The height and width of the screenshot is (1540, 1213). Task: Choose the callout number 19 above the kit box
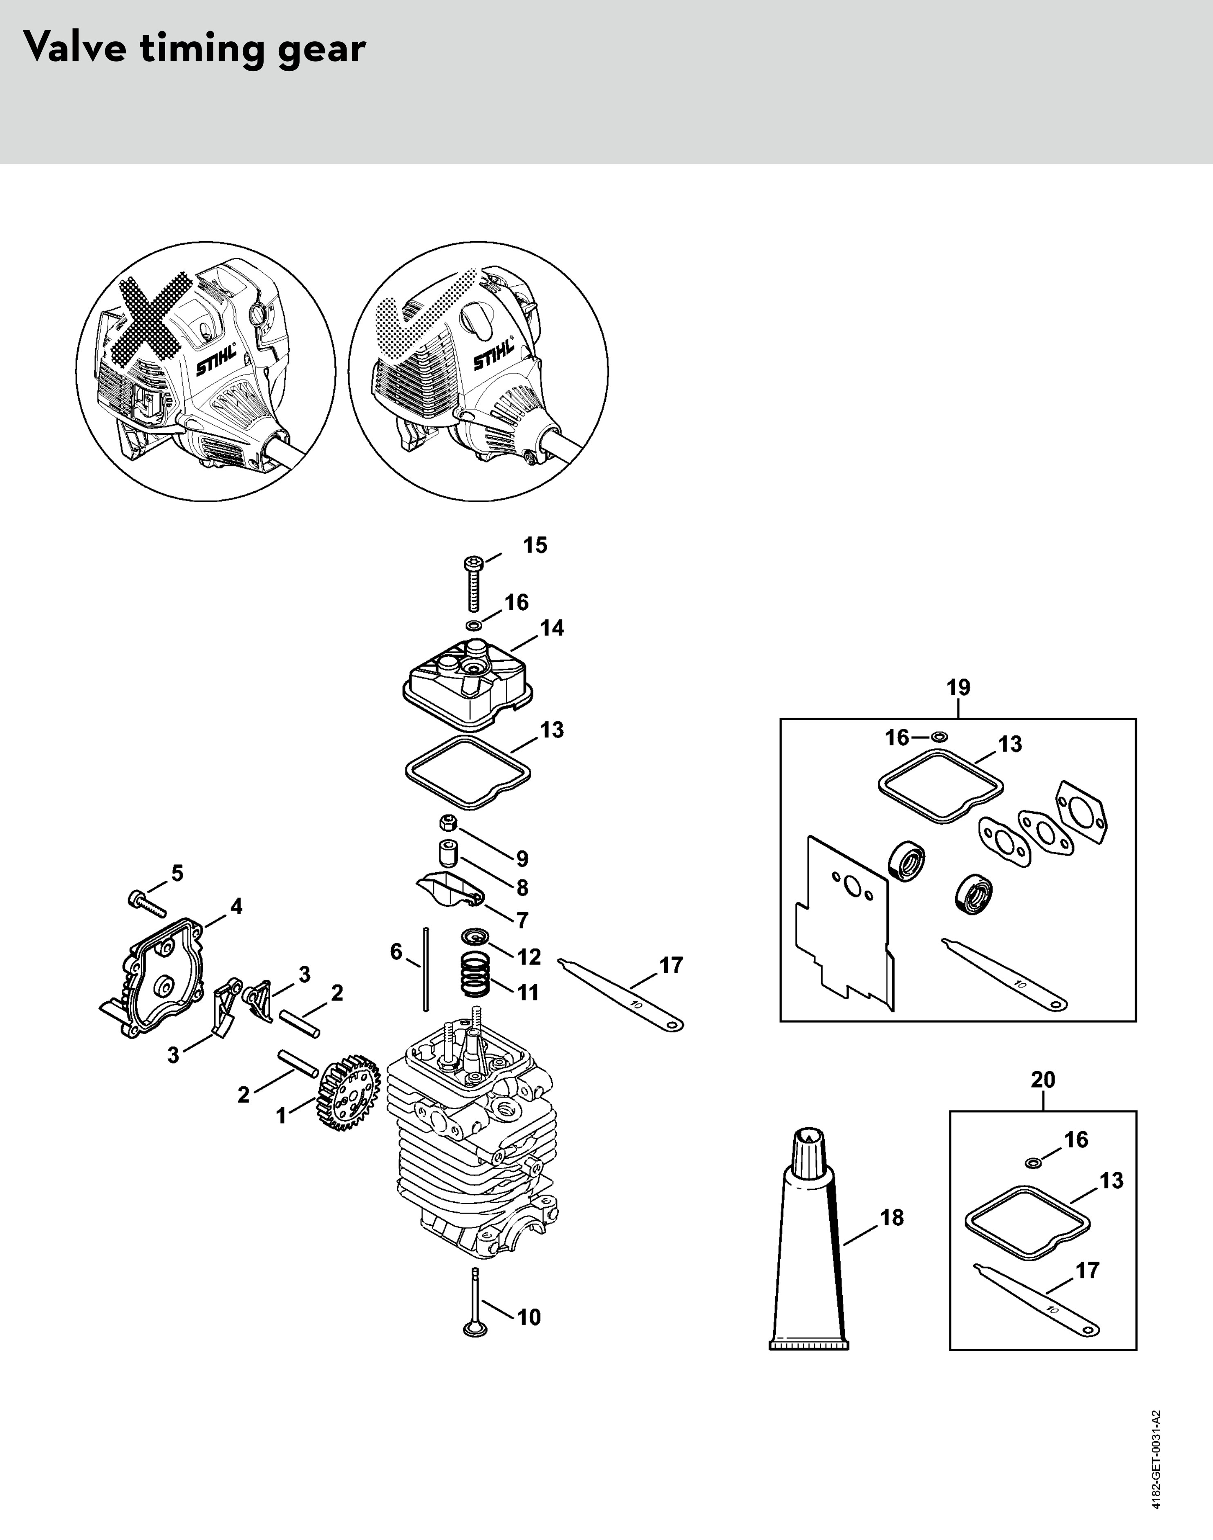(x=958, y=687)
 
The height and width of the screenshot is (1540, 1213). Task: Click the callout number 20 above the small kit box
(x=1043, y=1079)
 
